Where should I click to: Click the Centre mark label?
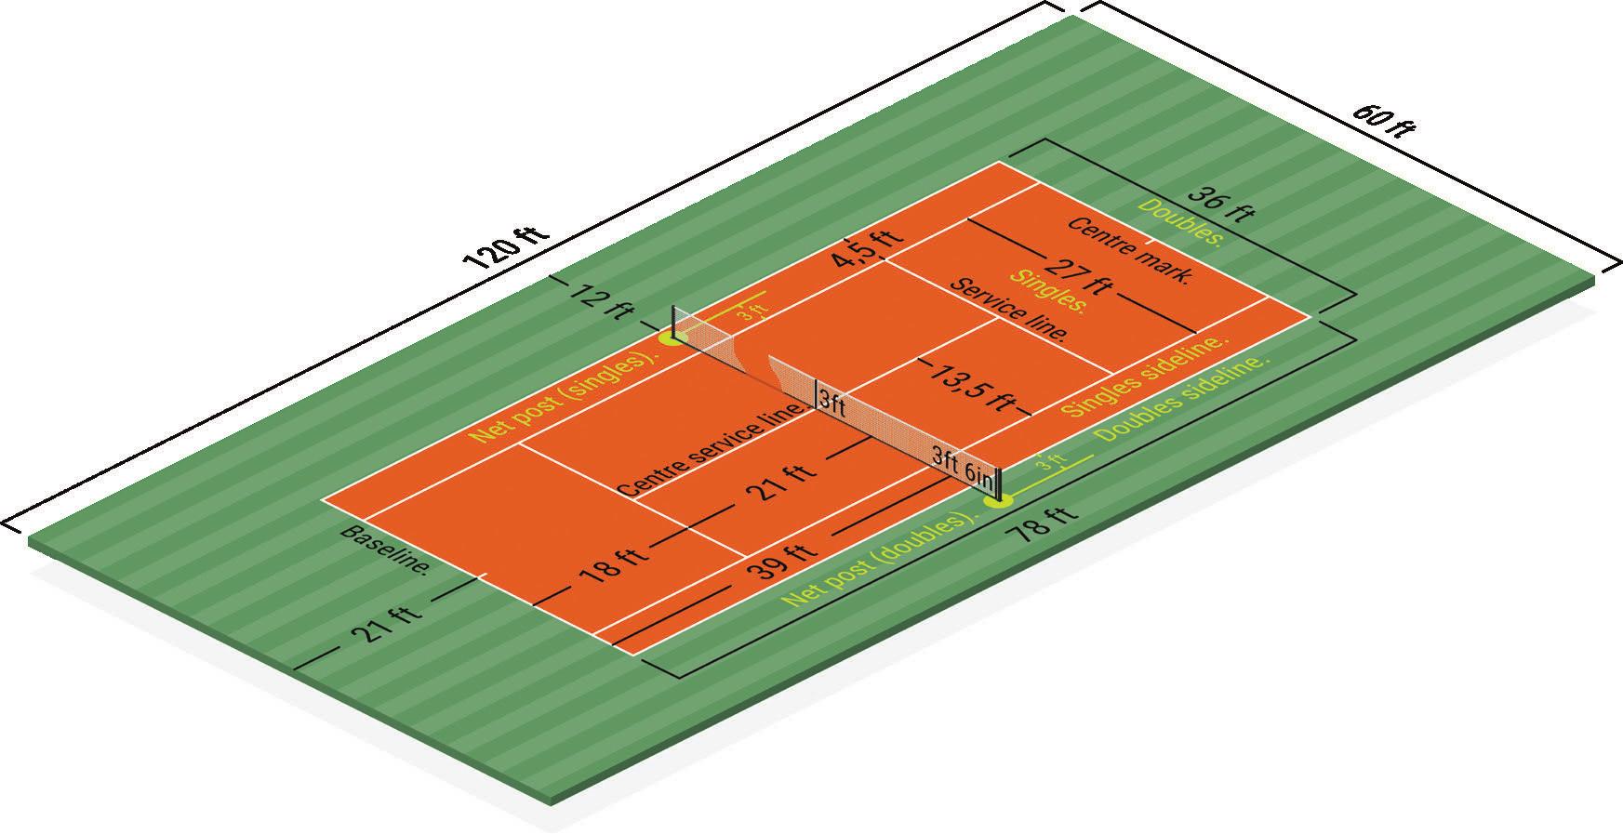[x=1128, y=251]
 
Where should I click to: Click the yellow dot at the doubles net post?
[x=999, y=501]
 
